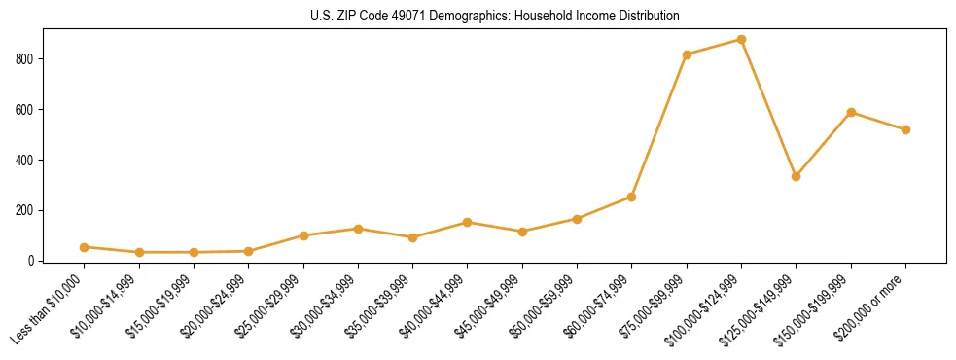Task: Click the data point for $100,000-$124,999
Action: coord(741,40)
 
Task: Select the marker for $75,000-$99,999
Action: coord(687,54)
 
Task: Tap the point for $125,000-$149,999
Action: coord(796,176)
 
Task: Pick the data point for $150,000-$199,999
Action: coord(851,112)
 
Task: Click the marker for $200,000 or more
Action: coord(905,129)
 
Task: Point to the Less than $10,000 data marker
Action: coord(85,247)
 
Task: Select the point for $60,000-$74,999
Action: coord(632,197)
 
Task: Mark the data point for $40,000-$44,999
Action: coord(468,222)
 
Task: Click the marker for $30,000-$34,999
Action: coord(358,229)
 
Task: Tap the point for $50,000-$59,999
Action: coord(577,219)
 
